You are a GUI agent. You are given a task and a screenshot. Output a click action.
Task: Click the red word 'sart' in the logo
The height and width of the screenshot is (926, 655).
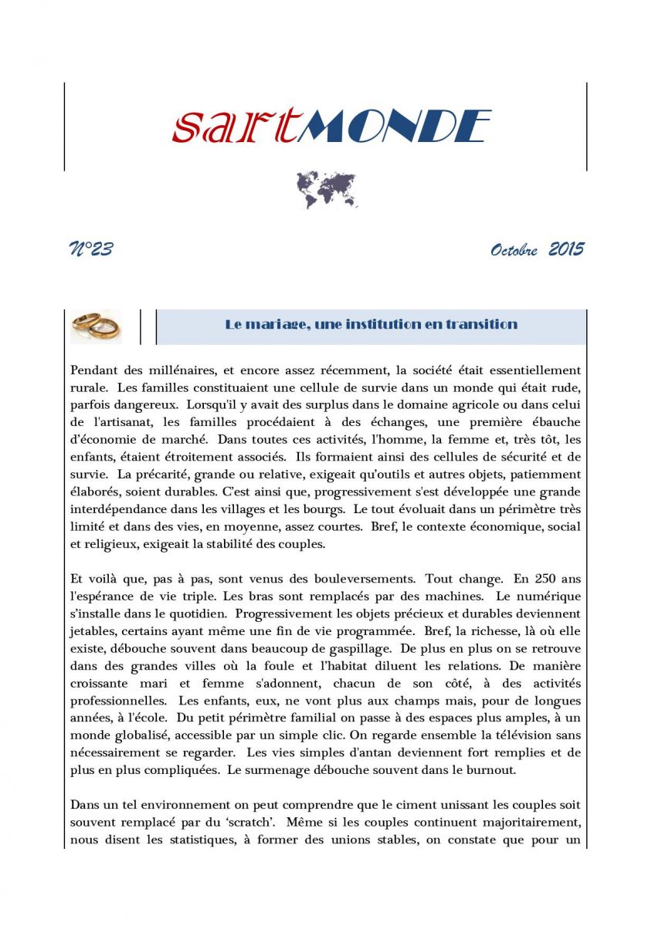233,127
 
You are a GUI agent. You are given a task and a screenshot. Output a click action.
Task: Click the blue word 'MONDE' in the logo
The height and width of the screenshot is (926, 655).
394,127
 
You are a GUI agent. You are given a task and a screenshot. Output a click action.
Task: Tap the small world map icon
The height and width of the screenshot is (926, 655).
327,190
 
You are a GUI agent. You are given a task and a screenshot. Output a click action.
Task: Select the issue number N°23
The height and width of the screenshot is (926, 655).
91,249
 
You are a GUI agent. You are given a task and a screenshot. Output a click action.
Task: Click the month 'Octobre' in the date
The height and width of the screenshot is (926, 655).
514,251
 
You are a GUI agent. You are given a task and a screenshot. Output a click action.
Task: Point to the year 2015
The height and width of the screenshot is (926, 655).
566,249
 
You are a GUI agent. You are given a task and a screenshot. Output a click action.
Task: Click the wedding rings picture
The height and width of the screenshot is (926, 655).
96,326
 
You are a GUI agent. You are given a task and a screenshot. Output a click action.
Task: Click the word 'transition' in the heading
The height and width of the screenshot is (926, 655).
480,324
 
